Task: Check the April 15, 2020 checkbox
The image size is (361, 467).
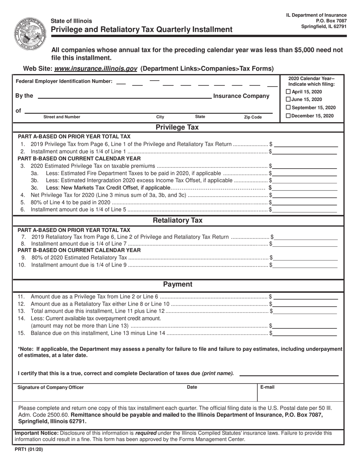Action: (x=288, y=92)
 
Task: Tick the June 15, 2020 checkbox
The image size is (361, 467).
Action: (x=288, y=99)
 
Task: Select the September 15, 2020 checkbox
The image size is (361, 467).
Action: (x=288, y=107)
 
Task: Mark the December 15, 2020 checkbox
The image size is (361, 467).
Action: (x=288, y=115)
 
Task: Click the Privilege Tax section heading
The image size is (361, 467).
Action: (x=177, y=127)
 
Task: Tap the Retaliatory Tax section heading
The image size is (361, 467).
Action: (x=177, y=220)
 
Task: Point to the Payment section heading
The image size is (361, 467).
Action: (x=177, y=284)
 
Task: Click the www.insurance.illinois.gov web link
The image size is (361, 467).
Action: (x=96, y=69)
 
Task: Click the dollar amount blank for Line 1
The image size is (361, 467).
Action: (x=306, y=145)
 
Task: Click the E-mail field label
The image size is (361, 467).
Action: (x=268, y=387)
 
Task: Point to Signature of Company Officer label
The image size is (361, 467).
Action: (x=51, y=387)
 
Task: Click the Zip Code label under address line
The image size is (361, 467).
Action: (x=253, y=117)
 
